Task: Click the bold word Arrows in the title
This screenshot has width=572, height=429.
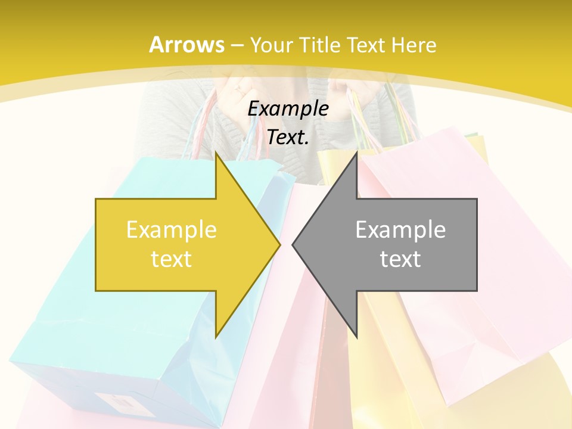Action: coord(186,45)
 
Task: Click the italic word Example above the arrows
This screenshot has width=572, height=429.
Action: coord(288,108)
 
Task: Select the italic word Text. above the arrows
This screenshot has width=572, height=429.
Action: coord(288,138)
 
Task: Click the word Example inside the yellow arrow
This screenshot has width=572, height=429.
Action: coord(172,230)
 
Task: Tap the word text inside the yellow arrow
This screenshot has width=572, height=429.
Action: coord(172,259)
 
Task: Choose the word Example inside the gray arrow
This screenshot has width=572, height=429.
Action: coord(400,230)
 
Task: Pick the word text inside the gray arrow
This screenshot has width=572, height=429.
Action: coord(400,259)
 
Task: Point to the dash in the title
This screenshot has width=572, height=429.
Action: coord(237,45)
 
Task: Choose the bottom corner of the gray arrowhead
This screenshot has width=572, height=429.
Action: coord(356,337)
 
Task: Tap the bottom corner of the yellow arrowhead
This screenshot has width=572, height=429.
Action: coord(216,337)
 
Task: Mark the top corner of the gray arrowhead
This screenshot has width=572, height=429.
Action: coord(356,152)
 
